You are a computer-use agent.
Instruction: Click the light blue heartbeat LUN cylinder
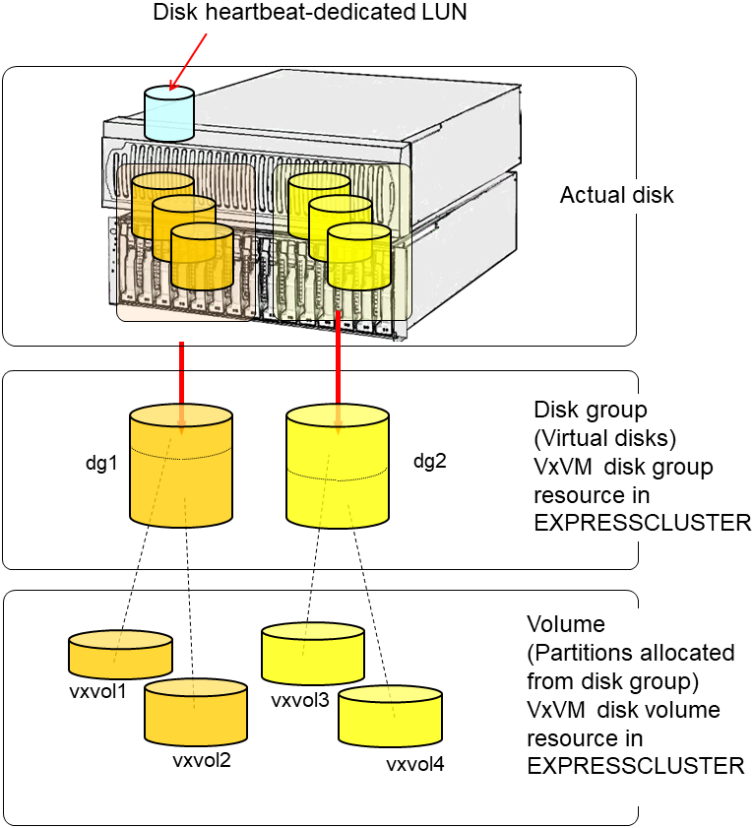pyautogui.click(x=169, y=113)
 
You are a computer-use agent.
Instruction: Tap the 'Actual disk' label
pyautogui.click(x=616, y=195)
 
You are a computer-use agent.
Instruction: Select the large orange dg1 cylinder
pyautogui.click(x=181, y=468)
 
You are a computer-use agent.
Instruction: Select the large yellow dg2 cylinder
pyautogui.click(x=339, y=468)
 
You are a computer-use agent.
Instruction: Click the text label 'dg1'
pyautogui.click(x=101, y=462)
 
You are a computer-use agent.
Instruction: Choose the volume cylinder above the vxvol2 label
pyautogui.click(x=195, y=712)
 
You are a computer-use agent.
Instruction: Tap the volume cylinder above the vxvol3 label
pyautogui.click(x=312, y=652)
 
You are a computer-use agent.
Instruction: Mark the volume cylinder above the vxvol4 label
pyautogui.click(x=387, y=716)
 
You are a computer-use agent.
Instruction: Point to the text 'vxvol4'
pyautogui.click(x=414, y=764)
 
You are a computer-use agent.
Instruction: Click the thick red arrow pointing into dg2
pyautogui.click(x=338, y=364)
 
